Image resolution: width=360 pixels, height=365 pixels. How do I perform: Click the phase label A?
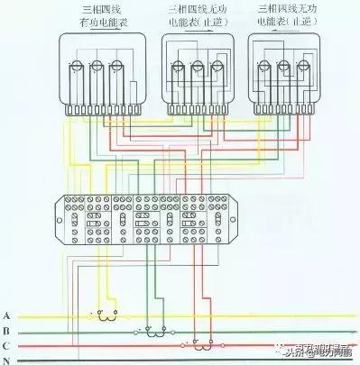[7, 315]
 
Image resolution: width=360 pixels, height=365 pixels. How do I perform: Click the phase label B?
[7, 331]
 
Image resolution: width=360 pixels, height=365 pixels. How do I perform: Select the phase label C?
[7, 345]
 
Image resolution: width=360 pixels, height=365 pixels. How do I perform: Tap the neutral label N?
[7, 360]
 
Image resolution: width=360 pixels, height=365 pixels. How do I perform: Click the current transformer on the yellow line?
[106, 315]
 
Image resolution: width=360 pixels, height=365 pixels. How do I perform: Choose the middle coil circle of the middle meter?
[198, 65]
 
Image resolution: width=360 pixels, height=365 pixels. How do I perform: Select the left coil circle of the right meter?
[267, 65]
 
